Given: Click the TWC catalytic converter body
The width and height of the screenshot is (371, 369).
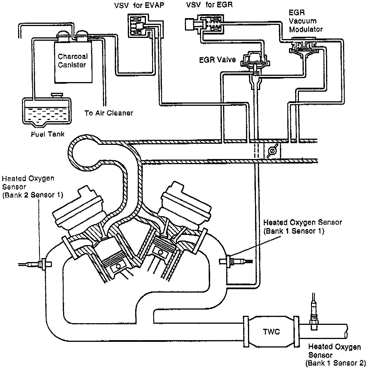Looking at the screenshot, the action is pyautogui.click(x=271, y=332).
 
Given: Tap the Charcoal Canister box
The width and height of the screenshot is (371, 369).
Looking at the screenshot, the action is pyautogui.click(x=73, y=62).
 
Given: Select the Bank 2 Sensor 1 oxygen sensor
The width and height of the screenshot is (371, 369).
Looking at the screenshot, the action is pyautogui.click(x=35, y=264).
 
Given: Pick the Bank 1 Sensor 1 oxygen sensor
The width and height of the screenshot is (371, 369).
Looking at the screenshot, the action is pyautogui.click(x=236, y=261).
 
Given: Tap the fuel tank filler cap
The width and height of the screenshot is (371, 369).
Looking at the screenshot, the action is pyautogui.click(x=57, y=95).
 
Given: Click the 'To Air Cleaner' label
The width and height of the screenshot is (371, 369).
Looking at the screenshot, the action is pyautogui.click(x=109, y=113).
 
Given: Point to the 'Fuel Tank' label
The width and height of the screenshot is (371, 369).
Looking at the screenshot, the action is pyautogui.click(x=48, y=134).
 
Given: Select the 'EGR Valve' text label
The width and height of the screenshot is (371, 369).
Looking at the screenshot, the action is pyautogui.click(x=217, y=60).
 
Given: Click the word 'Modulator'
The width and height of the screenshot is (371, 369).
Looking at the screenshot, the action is pyautogui.click(x=306, y=29).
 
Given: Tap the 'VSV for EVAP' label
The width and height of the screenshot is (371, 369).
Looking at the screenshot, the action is pyautogui.click(x=139, y=5).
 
